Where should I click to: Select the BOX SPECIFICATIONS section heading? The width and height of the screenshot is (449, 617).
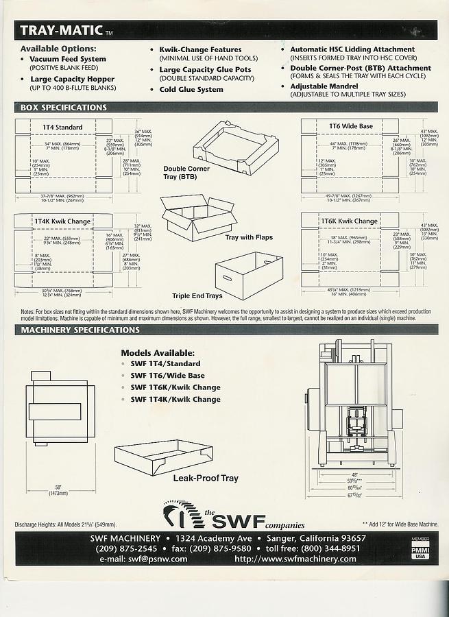64,108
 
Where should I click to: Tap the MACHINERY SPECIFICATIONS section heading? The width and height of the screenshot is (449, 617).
80,330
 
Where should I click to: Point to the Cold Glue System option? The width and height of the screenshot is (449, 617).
191,90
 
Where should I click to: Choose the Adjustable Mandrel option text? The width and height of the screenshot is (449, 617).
324,86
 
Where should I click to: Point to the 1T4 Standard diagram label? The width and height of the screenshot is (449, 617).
62,127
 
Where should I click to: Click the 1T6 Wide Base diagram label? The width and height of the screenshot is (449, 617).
351,126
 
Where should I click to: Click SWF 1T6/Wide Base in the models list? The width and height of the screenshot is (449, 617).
167,376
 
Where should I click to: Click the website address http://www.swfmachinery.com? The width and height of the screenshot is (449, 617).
295,559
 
